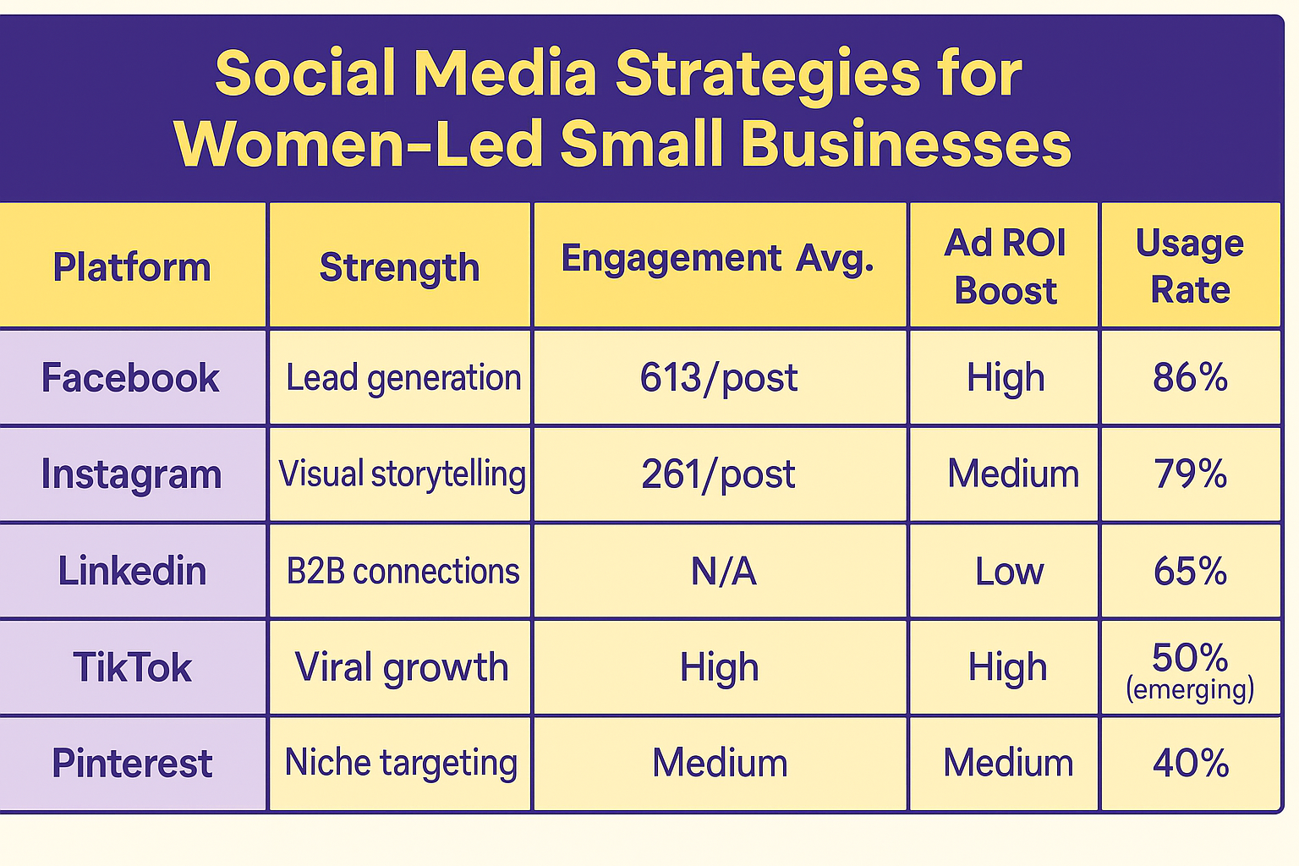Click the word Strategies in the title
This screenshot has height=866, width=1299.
[767, 74]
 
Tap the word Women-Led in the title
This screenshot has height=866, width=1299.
[359, 144]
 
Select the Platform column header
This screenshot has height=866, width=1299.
[132, 267]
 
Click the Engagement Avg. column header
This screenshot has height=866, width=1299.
[717, 259]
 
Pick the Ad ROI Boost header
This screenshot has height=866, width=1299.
[1005, 266]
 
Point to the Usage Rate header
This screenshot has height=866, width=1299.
[1190, 266]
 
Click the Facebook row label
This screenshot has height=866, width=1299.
[130, 377]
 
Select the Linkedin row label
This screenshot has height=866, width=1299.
[132, 571]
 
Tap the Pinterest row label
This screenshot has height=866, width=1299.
[132, 763]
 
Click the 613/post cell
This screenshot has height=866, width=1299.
[719, 377]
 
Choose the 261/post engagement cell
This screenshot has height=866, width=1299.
[718, 474]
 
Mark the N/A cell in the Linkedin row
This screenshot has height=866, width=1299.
[723, 572]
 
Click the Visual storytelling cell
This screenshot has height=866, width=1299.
[402, 474]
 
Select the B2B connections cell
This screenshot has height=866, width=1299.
[403, 572]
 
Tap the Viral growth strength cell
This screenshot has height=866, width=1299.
[402, 667]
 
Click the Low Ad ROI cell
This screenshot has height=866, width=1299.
[1009, 572]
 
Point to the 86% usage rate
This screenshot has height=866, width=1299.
[1190, 377]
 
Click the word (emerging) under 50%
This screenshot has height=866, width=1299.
[1190, 689]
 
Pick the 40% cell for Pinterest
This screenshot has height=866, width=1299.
[1190, 763]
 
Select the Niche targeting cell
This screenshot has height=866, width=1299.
[401, 763]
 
